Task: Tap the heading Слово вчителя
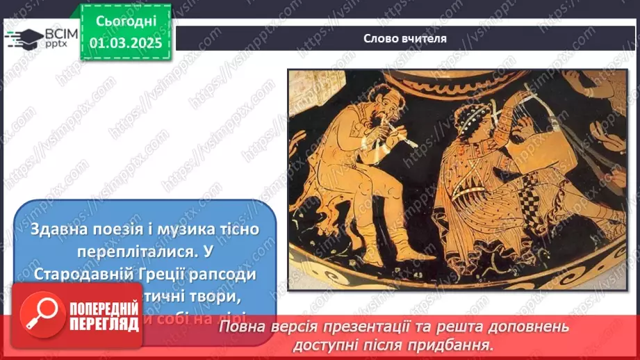tap(405, 38)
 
